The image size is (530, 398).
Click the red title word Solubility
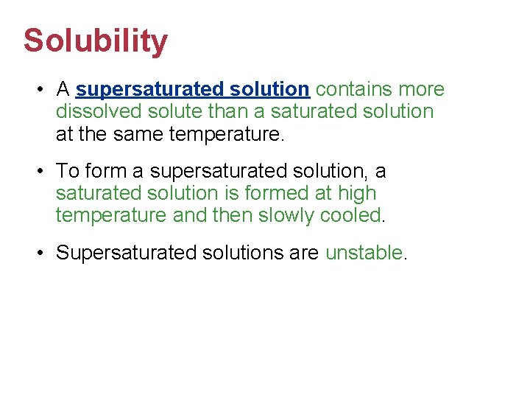(95, 42)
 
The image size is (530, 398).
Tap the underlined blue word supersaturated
(149, 90)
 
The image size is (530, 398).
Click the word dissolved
(101, 112)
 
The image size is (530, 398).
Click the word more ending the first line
(421, 90)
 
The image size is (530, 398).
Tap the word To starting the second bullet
(67, 172)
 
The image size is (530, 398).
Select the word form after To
(105, 172)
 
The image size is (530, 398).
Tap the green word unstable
(364, 254)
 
